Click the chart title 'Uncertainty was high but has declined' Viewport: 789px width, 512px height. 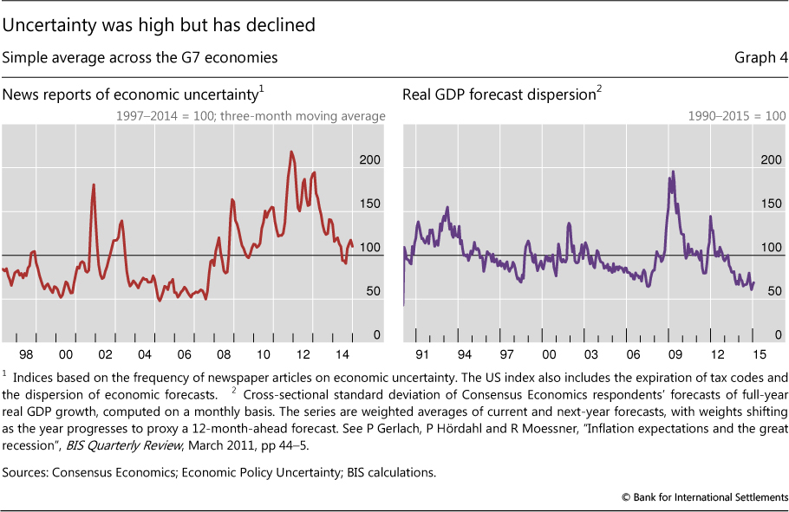[159, 25]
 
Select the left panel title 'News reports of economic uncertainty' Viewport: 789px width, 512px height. [132, 94]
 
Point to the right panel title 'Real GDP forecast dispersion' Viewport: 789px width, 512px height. [498, 94]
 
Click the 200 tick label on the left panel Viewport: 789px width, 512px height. [370, 160]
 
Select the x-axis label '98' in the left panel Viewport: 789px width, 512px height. [26, 354]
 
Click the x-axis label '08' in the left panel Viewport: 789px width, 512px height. [225, 354]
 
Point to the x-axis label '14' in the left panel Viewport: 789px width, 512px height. [344, 354]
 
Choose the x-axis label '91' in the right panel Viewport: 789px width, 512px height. [421, 354]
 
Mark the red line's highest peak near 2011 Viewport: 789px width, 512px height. [291, 152]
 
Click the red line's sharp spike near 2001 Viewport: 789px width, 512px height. [94, 185]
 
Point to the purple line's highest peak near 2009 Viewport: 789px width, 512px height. [674, 172]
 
